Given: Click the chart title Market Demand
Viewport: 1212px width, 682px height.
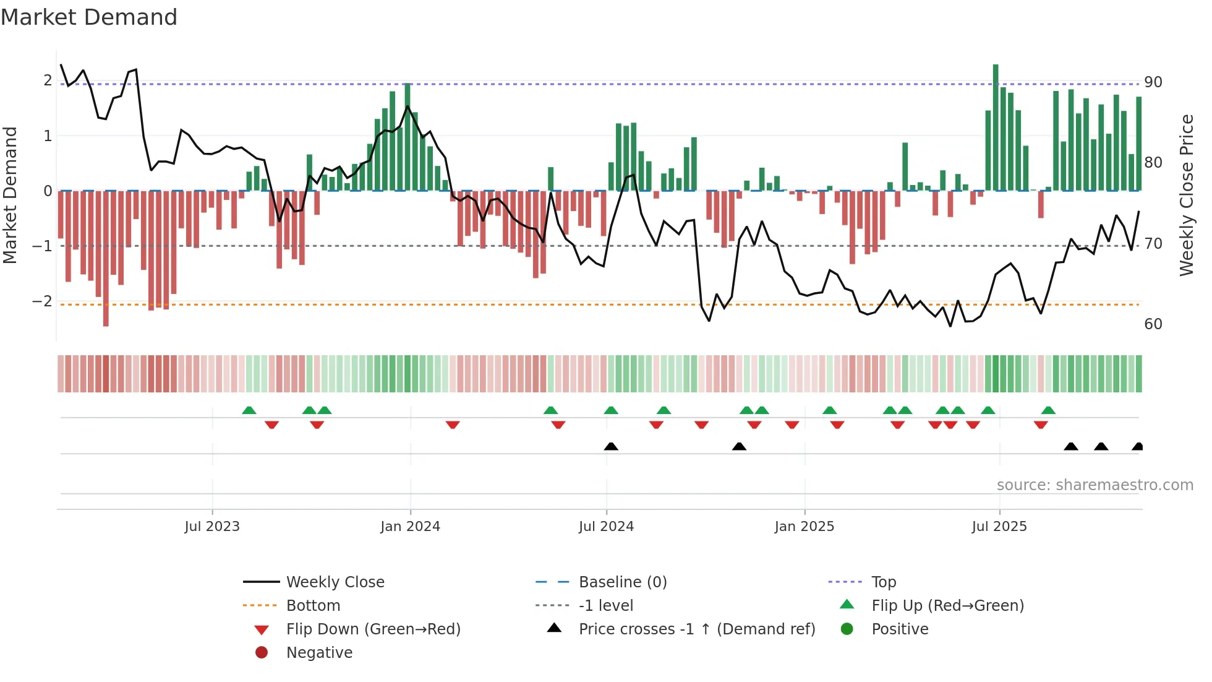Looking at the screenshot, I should pyautogui.click(x=89, y=17).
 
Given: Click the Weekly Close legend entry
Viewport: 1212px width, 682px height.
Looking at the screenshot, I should pyautogui.click(x=335, y=582).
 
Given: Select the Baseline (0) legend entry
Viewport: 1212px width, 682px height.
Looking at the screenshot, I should pyautogui.click(x=622, y=582).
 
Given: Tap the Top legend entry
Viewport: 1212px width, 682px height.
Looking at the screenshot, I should pyautogui.click(x=883, y=582).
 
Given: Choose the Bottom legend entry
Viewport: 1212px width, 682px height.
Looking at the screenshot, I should pyautogui.click(x=313, y=605).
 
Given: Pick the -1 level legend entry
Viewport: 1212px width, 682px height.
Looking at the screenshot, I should pyautogui.click(x=605, y=605).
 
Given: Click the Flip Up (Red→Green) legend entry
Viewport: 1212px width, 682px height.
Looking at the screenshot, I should pyautogui.click(x=947, y=605).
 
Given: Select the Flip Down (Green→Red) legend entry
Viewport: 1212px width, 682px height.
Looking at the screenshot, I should pyautogui.click(x=373, y=629).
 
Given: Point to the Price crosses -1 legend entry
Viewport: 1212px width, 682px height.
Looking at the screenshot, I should pyautogui.click(x=696, y=629).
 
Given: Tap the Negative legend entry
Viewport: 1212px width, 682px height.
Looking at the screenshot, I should pyautogui.click(x=319, y=652).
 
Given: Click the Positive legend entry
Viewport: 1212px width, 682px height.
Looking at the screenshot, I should pyautogui.click(x=900, y=629).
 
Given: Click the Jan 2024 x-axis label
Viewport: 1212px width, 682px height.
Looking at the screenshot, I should pyautogui.click(x=410, y=527).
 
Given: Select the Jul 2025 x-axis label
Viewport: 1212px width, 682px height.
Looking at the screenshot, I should pyautogui.click(x=999, y=527).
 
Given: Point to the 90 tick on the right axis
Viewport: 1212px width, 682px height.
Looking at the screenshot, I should pyautogui.click(x=1153, y=82).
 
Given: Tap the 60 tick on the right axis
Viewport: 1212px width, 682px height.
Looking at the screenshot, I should pyautogui.click(x=1153, y=324).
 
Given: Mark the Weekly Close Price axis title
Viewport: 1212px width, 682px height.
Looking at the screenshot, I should pyautogui.click(x=1186, y=195).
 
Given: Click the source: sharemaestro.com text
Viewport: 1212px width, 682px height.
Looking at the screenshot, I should pyautogui.click(x=1095, y=485).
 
